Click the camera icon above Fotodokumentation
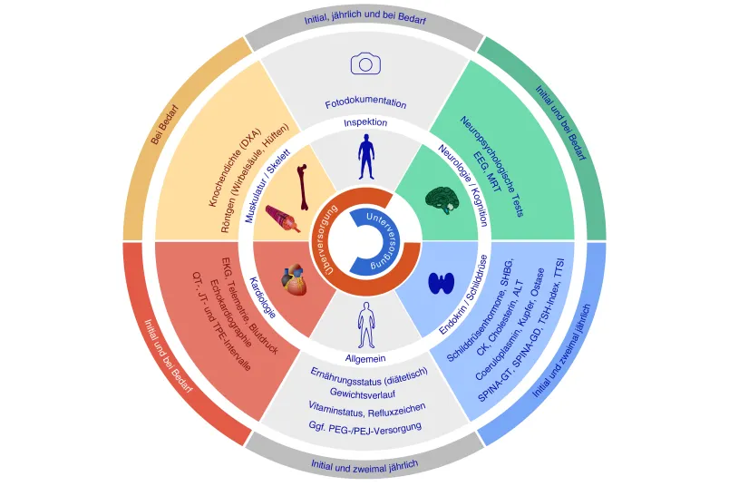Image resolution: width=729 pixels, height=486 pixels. pyautogui.click(x=365, y=63)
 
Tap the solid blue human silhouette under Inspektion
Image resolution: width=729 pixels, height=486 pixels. pyautogui.click(x=366, y=157)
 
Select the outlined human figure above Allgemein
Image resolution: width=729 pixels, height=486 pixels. pyautogui.click(x=366, y=325)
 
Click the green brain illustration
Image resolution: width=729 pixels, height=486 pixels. pyautogui.click(x=442, y=200)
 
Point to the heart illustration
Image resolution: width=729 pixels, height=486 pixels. pyautogui.click(x=295, y=279)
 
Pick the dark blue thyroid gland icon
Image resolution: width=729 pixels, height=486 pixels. pyautogui.click(x=442, y=283)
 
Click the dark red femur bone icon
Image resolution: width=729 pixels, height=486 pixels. pyautogui.click(x=303, y=187)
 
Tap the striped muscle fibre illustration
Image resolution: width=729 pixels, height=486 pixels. pyautogui.click(x=283, y=219)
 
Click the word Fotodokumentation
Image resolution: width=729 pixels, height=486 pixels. pyautogui.click(x=365, y=103)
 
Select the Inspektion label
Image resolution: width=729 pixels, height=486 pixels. pyautogui.click(x=365, y=122)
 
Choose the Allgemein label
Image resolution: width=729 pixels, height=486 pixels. pyautogui.click(x=365, y=358)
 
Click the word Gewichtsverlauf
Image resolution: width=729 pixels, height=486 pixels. pyautogui.click(x=363, y=393)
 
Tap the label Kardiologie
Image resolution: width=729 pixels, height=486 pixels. pyautogui.click(x=263, y=297)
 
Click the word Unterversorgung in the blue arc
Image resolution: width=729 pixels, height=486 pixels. pyautogui.click(x=384, y=241)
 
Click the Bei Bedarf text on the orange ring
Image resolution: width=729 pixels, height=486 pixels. pyautogui.click(x=165, y=124)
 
